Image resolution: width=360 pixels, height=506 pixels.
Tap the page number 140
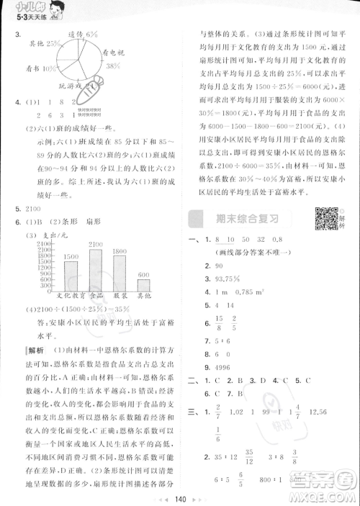coord(181,497)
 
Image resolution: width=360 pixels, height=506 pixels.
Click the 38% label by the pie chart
coord(112,65)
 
